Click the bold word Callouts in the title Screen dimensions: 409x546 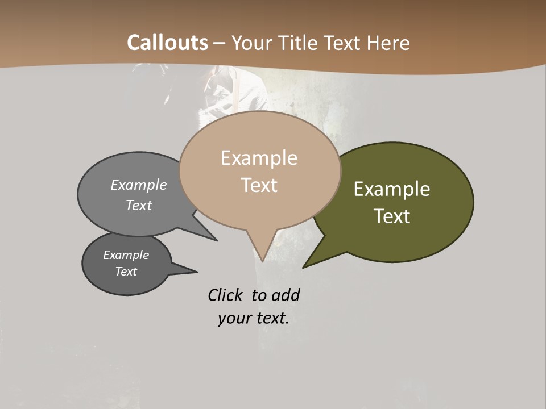pyautogui.click(x=167, y=43)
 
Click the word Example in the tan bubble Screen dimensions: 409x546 pyautogui.click(x=259, y=158)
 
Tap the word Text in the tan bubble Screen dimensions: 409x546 pyautogui.click(x=259, y=185)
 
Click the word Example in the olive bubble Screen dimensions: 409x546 pyautogui.click(x=392, y=189)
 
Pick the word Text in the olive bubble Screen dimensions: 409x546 pyautogui.click(x=392, y=216)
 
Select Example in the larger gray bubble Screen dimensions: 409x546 pyautogui.click(x=139, y=185)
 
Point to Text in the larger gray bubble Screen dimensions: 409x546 pyautogui.click(x=139, y=206)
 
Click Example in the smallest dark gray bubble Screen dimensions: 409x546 pyautogui.click(x=126, y=255)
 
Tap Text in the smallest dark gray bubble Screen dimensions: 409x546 pyautogui.click(x=126, y=272)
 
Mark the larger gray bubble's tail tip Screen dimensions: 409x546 pyautogui.click(x=216, y=240)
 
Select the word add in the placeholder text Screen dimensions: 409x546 pyautogui.click(x=286, y=295)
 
